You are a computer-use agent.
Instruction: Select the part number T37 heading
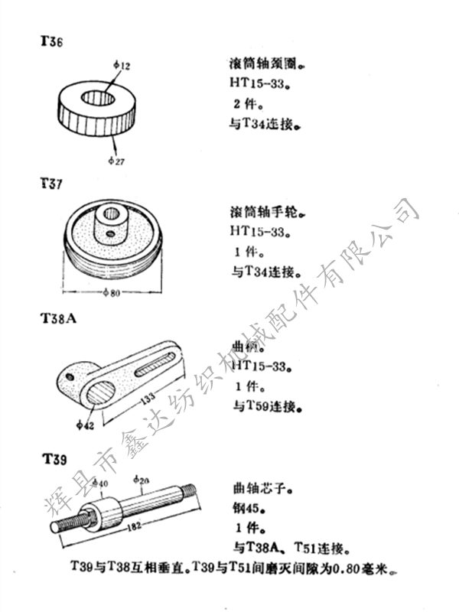[52, 184]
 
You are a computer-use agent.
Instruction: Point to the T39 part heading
[54, 459]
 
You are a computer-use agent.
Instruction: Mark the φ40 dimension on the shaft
[99, 483]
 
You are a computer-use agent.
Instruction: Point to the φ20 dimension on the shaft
[141, 480]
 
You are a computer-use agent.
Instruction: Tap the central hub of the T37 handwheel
[106, 223]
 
